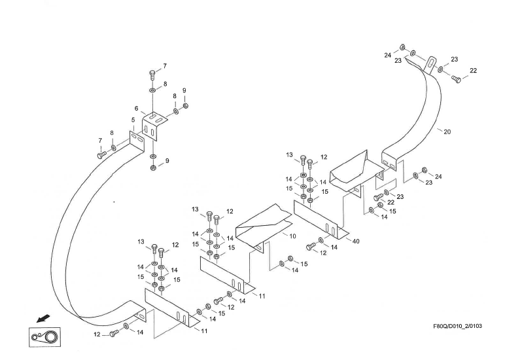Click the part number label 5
pyautogui.click(x=133, y=120)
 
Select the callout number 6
pyautogui.click(x=137, y=109)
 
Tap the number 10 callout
pyautogui.click(x=292, y=235)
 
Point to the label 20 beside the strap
pyautogui.click(x=447, y=132)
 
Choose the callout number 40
pyautogui.click(x=356, y=242)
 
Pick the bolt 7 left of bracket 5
pyautogui.click(x=102, y=154)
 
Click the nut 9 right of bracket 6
pyautogui.click(x=186, y=106)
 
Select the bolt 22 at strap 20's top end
pyautogui.click(x=457, y=79)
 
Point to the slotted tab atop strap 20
pyautogui.click(x=430, y=66)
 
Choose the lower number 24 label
pyautogui.click(x=438, y=177)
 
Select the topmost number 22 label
pyautogui.click(x=473, y=71)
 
